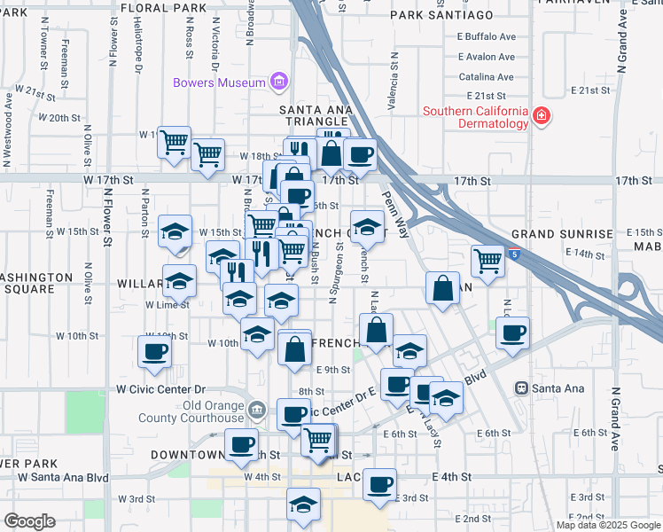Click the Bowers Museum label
coord(221,82)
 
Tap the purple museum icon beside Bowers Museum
coord(279,82)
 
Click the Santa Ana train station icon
coord(522,388)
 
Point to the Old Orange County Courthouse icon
coord(257,410)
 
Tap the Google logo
coord(29,521)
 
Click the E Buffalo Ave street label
coord(486,37)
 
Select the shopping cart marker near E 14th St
coord(487,260)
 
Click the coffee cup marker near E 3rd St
coord(380,485)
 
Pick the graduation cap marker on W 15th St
coord(175,231)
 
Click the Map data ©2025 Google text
coord(608,524)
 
